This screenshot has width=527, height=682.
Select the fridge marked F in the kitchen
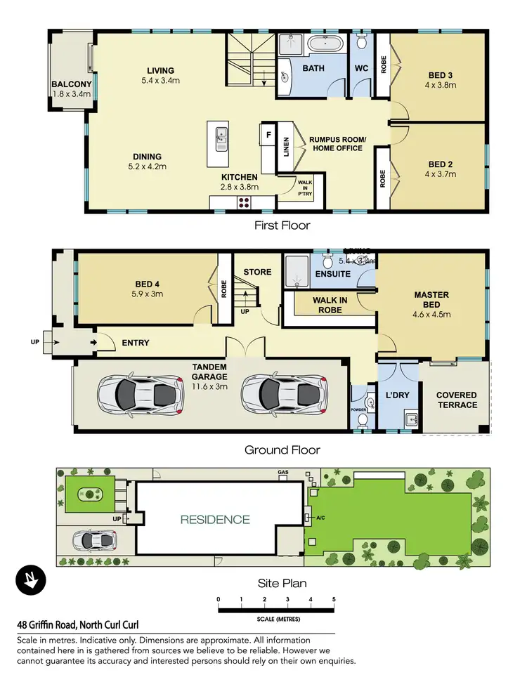[268, 133]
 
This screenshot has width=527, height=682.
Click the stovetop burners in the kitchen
[245, 202]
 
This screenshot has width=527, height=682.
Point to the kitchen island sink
[221, 135]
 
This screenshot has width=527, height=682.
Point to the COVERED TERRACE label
[456, 400]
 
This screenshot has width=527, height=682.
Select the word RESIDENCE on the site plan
[215, 520]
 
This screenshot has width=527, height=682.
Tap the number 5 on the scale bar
[334, 599]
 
